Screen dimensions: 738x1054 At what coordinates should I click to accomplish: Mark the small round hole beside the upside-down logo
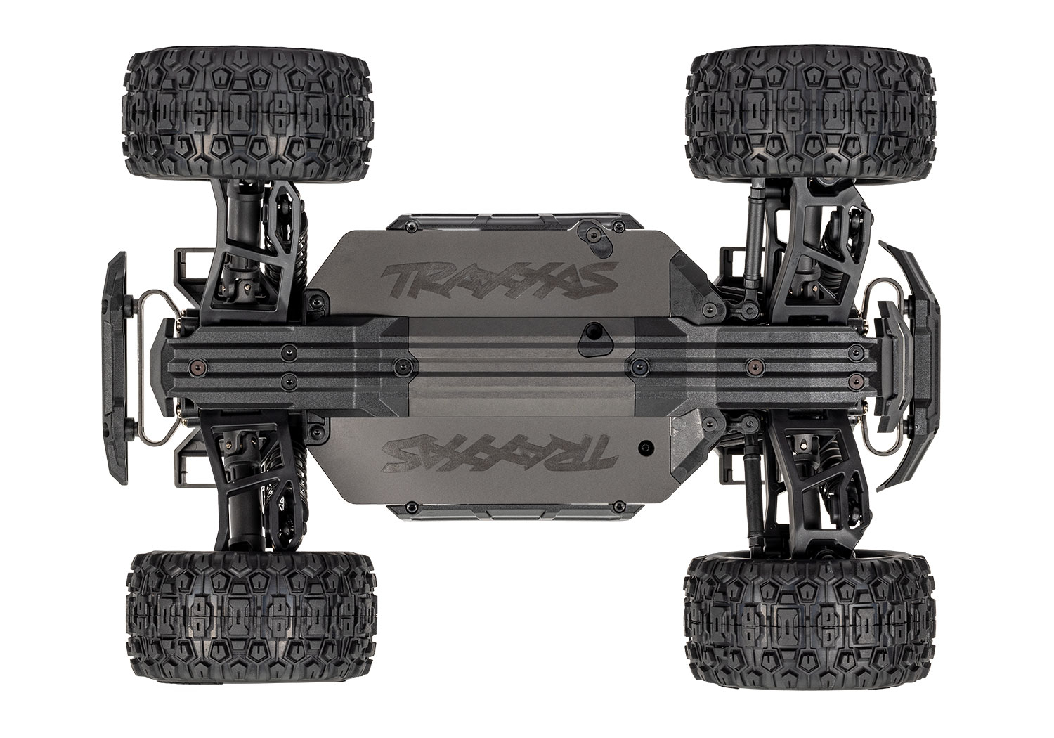(644, 446)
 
